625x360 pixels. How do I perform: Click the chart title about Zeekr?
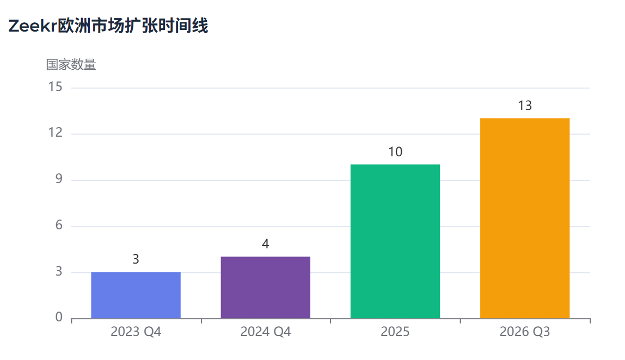click(108, 26)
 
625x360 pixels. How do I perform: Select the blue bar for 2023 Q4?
click(136, 295)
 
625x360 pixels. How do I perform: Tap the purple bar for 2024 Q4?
click(265, 288)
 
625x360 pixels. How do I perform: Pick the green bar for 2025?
click(395, 241)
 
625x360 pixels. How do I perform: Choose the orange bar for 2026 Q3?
click(524, 218)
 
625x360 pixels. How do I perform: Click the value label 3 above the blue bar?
click(136, 260)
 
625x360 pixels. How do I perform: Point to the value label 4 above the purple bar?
click(265, 244)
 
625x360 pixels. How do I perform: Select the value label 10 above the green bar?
click(395, 152)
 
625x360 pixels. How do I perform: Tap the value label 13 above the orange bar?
click(524, 106)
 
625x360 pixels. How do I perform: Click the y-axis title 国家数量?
click(71, 65)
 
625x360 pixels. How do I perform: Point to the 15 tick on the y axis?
click(55, 87)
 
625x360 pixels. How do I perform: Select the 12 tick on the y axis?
click(55, 133)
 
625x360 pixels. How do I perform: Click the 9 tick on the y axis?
click(58, 180)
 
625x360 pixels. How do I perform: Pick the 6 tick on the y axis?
click(58, 226)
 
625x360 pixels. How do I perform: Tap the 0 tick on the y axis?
click(58, 318)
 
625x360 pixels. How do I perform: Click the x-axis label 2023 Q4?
click(136, 332)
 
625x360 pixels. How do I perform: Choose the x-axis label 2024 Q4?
click(265, 332)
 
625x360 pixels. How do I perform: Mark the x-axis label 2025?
click(395, 332)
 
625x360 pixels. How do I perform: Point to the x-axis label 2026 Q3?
click(524, 332)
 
